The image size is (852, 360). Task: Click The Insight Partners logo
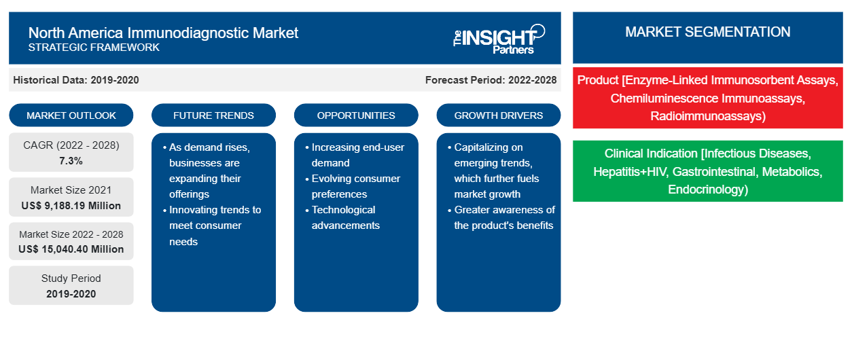499,39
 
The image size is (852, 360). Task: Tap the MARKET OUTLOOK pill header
71,115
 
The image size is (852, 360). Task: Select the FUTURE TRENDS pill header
213,115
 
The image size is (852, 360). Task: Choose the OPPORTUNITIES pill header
356,115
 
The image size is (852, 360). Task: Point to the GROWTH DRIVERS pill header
498,115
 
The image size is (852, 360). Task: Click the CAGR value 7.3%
71,161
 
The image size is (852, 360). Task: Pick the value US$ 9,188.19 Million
71,206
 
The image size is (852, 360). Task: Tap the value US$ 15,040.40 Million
71,249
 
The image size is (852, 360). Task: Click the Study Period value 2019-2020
71,294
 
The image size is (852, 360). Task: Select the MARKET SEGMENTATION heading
707,32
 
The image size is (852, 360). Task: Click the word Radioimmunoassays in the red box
707,116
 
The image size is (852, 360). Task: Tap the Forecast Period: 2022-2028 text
491,80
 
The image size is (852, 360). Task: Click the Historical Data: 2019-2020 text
76,80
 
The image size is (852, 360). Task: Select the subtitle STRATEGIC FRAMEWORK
94,48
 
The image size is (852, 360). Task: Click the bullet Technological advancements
345,217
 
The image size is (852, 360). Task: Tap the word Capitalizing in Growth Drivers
489,147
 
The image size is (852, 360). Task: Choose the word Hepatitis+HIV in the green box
630,172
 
